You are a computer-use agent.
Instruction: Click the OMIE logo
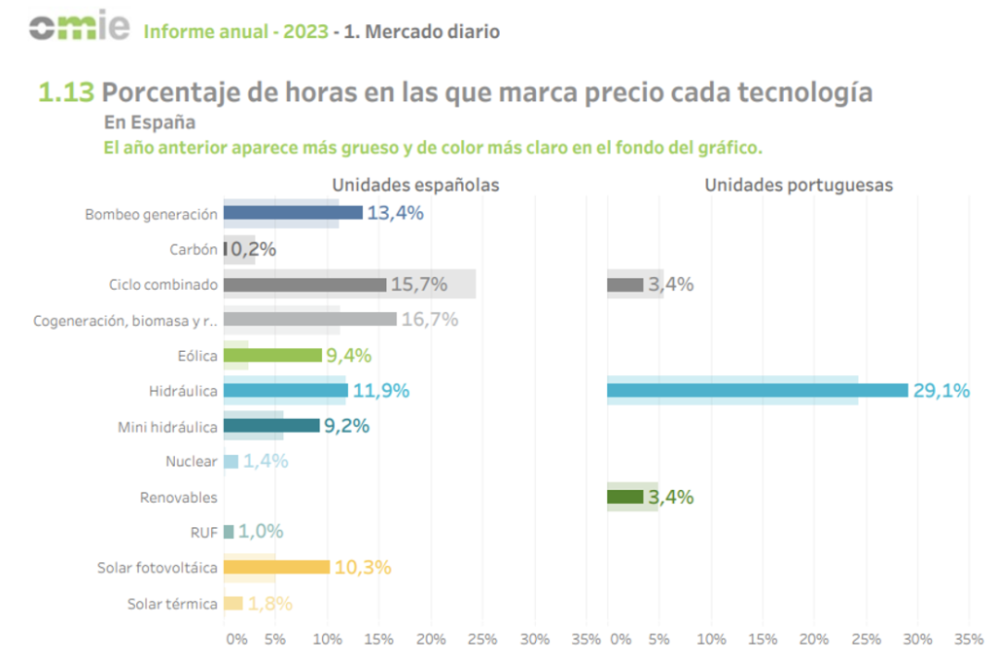pos(79,28)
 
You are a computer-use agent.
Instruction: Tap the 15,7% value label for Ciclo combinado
pos(418,285)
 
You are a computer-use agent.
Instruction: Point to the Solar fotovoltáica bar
pos(276,567)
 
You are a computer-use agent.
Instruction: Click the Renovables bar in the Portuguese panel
pos(625,497)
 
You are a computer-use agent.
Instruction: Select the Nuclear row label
pos(193,462)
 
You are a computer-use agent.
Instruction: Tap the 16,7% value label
pos(429,320)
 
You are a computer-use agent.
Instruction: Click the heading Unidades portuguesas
pos(799,185)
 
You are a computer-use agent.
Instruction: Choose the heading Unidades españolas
pos(416,185)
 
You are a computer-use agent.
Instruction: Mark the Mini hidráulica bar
pos(271,426)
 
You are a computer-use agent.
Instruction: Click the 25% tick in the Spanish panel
pos(481,640)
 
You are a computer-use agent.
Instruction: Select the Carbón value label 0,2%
pos(253,249)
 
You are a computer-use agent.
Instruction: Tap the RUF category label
pos(203,532)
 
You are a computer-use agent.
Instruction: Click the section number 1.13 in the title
pos(66,92)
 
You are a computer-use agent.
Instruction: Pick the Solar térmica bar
pos(232,603)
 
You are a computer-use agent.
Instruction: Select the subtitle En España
pos(150,123)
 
